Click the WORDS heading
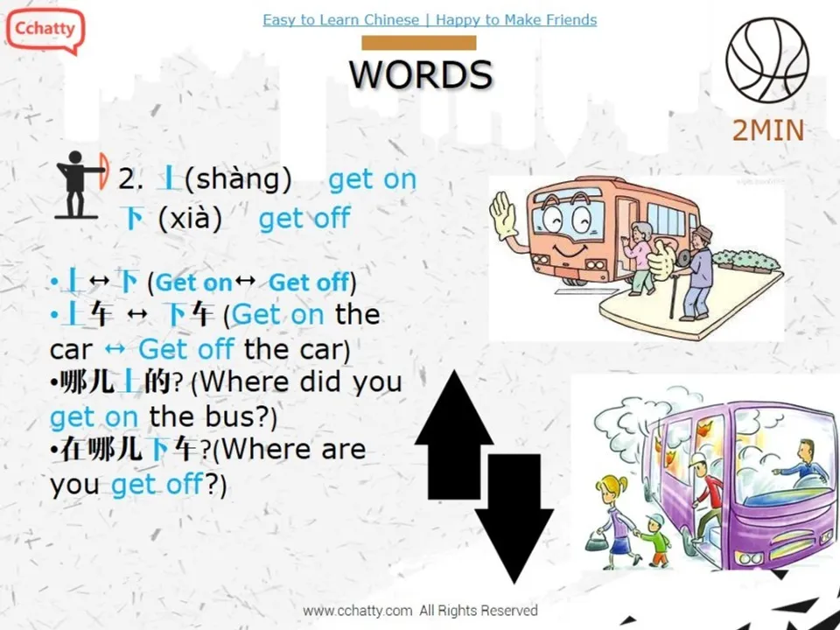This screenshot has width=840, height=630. click(421, 75)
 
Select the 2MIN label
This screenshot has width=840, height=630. click(767, 130)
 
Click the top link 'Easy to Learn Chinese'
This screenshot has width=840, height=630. click(340, 19)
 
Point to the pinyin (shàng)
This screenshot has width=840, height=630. click(238, 179)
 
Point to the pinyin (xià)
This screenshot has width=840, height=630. click(190, 218)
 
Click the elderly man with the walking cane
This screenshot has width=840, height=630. click(696, 271)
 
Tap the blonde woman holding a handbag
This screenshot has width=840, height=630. click(614, 516)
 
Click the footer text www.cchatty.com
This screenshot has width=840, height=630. click(357, 610)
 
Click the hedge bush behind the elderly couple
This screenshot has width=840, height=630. click(743, 259)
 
